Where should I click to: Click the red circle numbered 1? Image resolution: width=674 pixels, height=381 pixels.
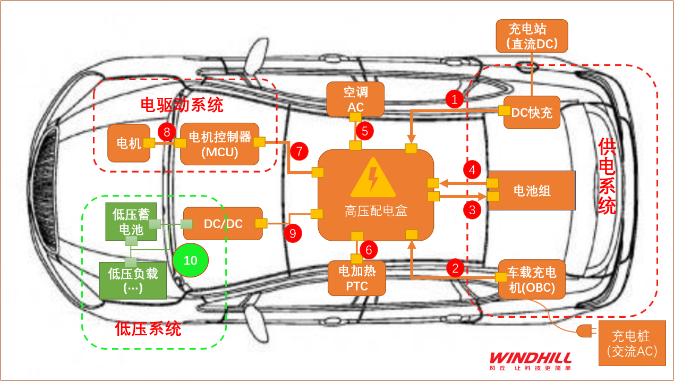[454, 99]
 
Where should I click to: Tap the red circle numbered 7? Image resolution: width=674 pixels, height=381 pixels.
[299, 151]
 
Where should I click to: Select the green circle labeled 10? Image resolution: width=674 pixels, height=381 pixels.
[191, 260]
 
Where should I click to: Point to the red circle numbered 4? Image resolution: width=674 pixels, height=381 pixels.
[472, 171]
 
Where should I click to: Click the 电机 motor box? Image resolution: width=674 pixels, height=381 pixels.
[129, 143]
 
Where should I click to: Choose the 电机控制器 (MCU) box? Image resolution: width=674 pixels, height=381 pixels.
[219, 144]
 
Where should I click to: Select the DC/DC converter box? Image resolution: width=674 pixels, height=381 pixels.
[223, 224]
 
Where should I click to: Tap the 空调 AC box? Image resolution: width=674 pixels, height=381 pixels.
[355, 99]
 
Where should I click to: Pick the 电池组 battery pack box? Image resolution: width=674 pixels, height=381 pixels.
[532, 191]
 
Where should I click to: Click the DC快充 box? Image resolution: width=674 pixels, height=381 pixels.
[532, 112]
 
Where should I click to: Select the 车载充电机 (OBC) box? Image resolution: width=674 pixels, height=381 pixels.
[532, 280]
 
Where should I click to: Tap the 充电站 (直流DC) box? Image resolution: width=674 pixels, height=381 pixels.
[532, 36]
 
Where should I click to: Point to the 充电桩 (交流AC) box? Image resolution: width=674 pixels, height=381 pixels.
[632, 343]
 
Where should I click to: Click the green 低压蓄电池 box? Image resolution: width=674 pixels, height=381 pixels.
[131, 222]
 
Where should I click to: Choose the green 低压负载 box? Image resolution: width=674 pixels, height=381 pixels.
[133, 281]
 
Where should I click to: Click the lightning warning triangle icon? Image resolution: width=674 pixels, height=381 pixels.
[373, 179]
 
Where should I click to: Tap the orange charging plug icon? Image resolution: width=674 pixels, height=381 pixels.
[584, 331]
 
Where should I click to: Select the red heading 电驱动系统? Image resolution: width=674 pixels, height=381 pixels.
[182, 105]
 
